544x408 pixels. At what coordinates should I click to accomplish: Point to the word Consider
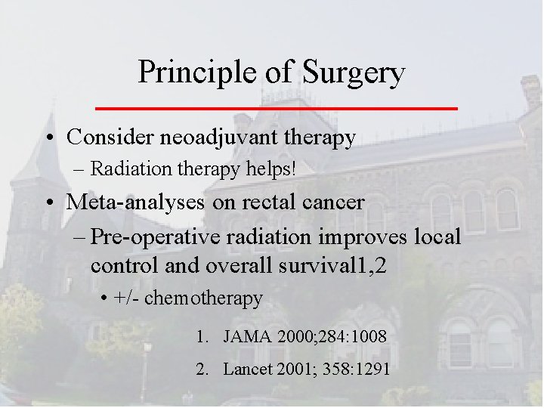click(101, 138)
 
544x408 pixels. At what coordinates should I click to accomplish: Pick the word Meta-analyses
click(128, 202)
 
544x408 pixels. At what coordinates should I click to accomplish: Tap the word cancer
click(329, 202)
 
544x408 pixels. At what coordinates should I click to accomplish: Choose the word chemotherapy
click(203, 298)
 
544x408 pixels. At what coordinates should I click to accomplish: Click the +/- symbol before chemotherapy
click(127, 298)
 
